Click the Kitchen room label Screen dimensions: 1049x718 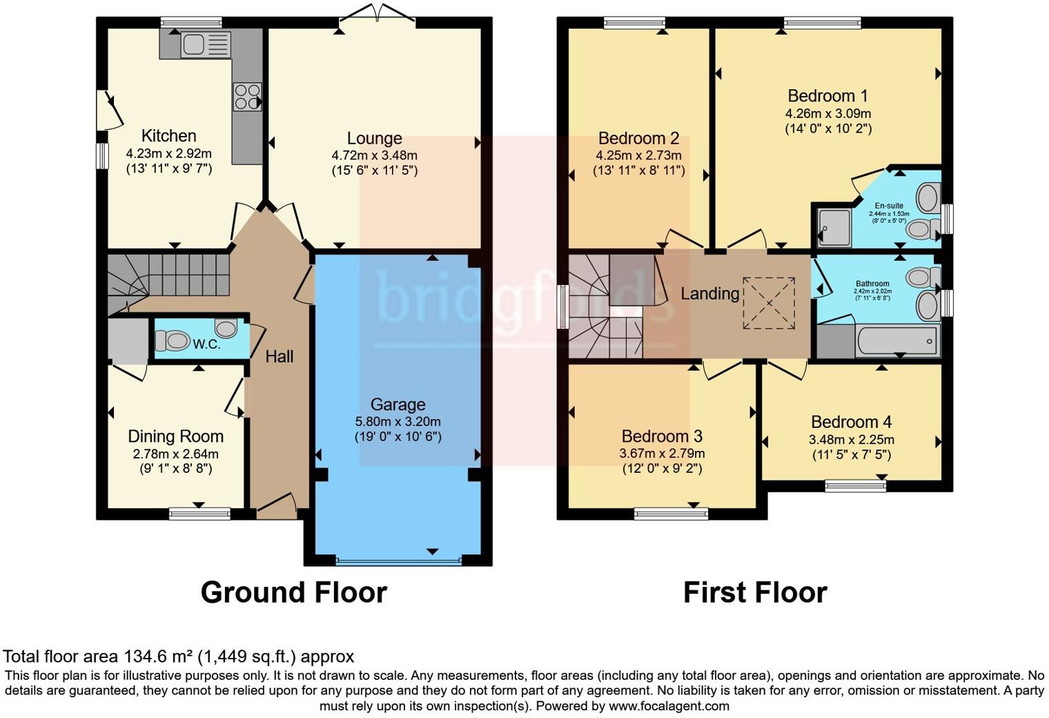[x=168, y=136]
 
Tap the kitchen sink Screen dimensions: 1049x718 [x=206, y=45]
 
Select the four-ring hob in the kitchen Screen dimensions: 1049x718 [x=247, y=97]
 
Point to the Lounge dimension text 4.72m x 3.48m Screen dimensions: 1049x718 [x=375, y=155]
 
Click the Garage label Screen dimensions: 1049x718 [x=398, y=404]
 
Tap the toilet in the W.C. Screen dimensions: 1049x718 [x=172, y=340]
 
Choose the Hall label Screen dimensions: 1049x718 [x=280, y=357]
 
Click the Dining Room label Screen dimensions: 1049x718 [x=175, y=436]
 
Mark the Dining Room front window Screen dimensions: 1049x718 [x=200, y=514]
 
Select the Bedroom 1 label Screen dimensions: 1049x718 [x=828, y=96]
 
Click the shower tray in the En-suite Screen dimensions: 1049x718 [x=834, y=228]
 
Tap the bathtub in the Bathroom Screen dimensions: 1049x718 [x=897, y=340]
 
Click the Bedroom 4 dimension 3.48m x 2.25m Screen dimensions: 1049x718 [x=852, y=440]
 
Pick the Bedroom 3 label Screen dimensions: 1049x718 [x=663, y=436]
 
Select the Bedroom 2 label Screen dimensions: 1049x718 [x=639, y=139]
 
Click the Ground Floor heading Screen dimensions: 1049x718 [x=294, y=593]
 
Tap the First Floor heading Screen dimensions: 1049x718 [x=756, y=593]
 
